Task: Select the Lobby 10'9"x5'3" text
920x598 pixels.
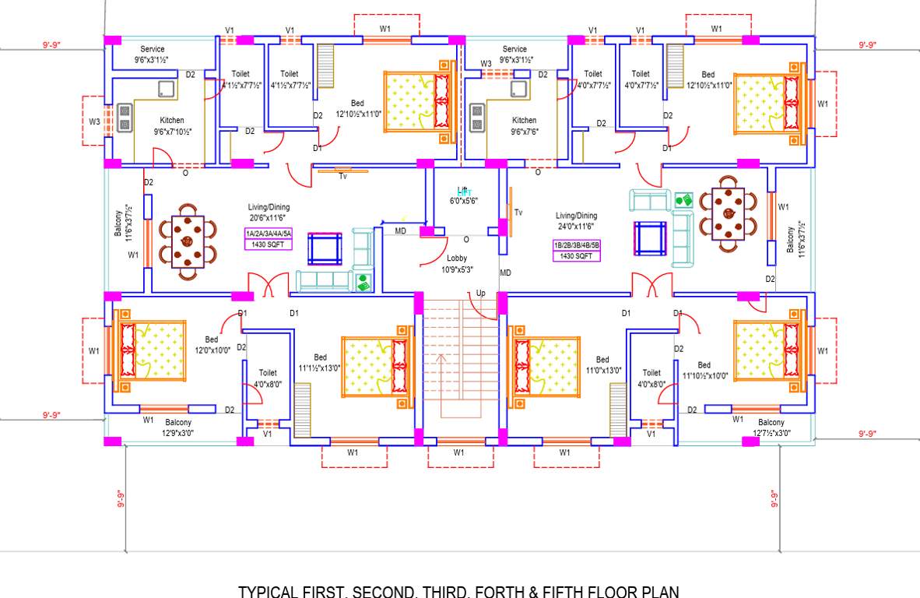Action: coord(457,264)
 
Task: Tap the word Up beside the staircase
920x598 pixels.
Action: coord(482,293)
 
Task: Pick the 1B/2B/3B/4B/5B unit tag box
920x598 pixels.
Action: coord(576,249)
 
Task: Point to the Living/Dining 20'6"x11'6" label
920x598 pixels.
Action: coord(269,213)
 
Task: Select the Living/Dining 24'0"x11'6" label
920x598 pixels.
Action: coord(576,220)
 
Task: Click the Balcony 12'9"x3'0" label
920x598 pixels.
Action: coord(178,427)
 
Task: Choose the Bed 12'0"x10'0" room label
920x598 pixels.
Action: coord(212,345)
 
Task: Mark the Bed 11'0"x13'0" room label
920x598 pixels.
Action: coord(602,364)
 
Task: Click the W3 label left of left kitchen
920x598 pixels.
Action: coord(94,121)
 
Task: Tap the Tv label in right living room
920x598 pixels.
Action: coord(518,212)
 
